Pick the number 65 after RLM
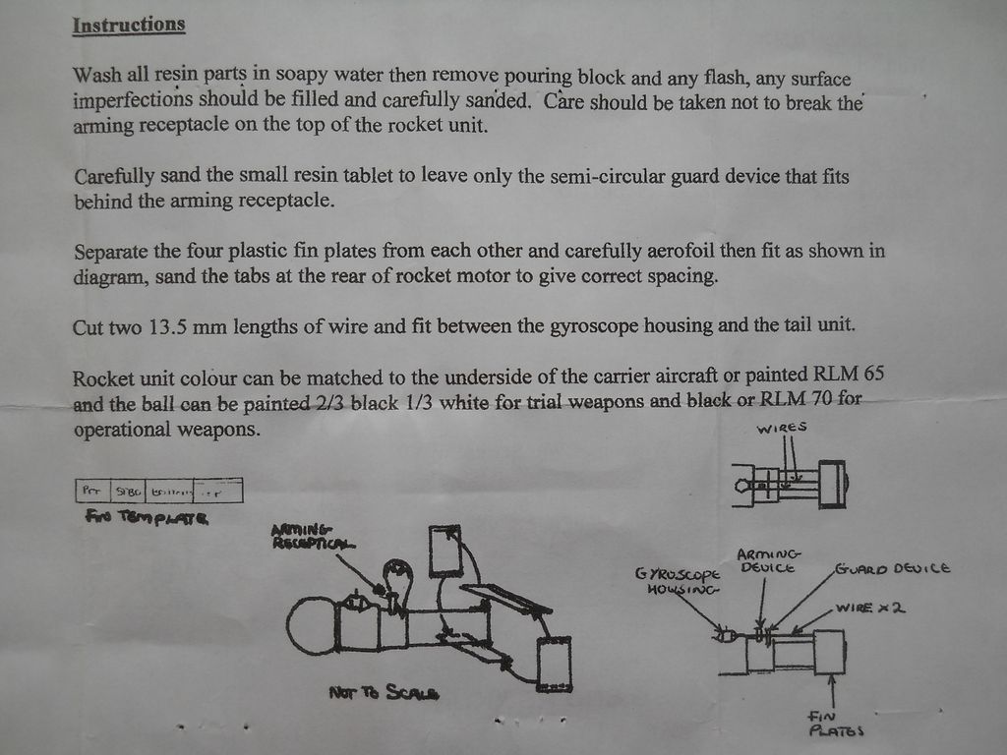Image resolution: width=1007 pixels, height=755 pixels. (873, 376)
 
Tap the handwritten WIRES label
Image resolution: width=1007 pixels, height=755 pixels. (782, 428)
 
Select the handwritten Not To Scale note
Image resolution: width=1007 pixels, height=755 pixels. (384, 693)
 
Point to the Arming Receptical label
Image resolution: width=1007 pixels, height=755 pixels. (314, 537)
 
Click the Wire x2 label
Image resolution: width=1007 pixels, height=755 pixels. (869, 608)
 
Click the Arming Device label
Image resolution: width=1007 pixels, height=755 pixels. (769, 560)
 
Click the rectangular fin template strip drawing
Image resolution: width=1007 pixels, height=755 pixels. (159, 490)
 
